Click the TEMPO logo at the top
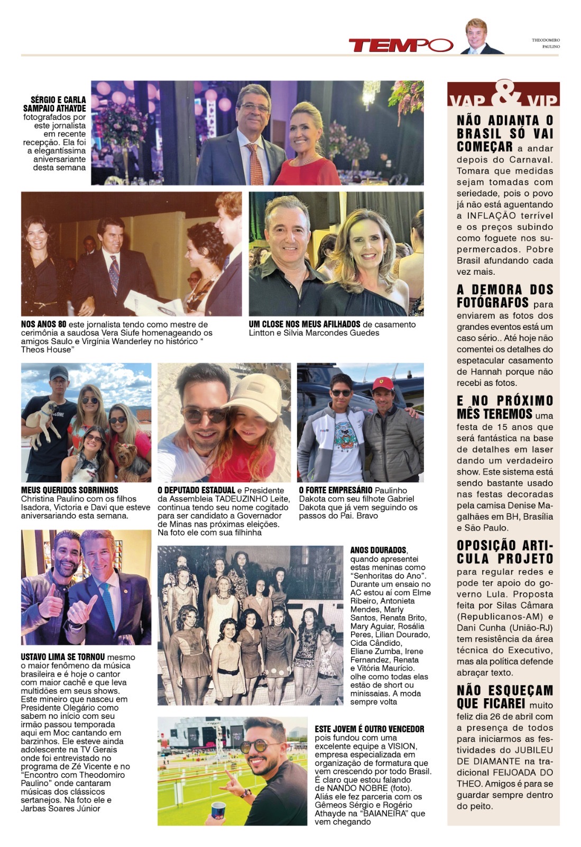click(401, 45)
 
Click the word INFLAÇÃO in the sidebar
click(491, 215)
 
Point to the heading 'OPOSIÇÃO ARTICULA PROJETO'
click(505, 552)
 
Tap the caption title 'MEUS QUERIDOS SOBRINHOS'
click(69, 490)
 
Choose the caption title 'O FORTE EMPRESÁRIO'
click(335, 490)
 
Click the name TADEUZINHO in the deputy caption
click(251, 499)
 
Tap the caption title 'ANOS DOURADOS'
click(378, 551)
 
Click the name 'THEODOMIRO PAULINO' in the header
click(546, 43)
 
